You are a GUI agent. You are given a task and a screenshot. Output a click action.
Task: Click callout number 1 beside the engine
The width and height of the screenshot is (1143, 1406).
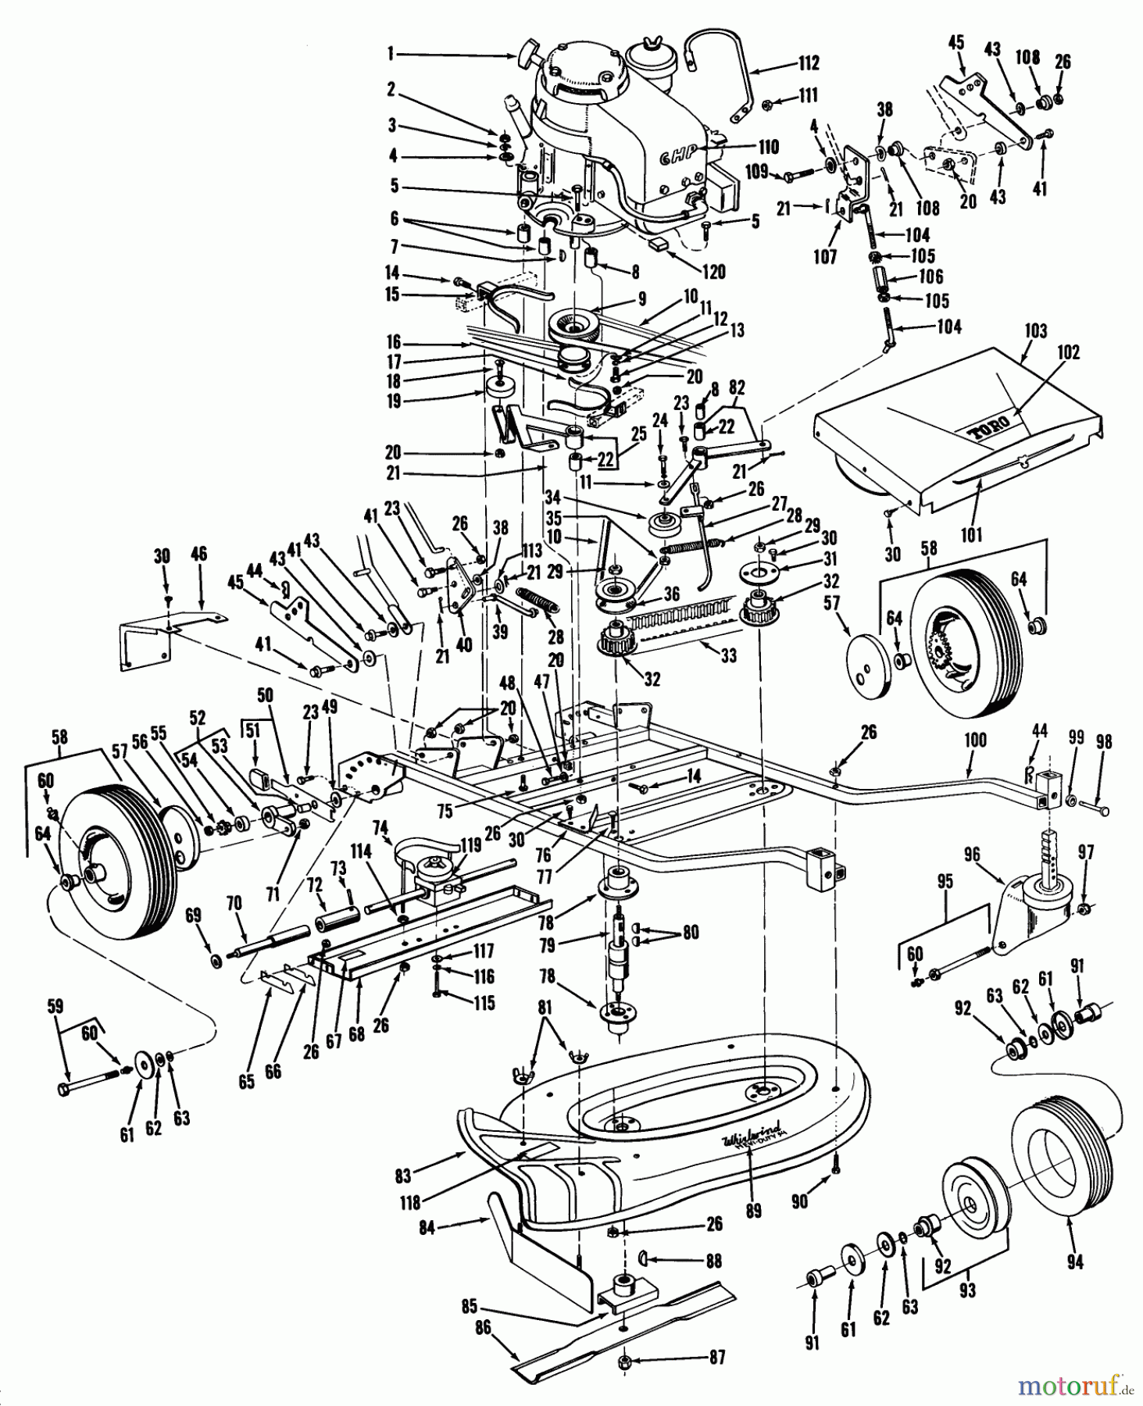pos(391,54)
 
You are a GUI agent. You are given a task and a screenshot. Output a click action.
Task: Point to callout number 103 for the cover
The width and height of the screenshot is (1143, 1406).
pos(1036,331)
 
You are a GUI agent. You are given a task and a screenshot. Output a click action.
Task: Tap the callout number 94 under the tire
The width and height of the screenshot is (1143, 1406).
pos(1075,1261)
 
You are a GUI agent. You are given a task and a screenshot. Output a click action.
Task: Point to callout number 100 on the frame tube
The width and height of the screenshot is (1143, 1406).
pos(975,740)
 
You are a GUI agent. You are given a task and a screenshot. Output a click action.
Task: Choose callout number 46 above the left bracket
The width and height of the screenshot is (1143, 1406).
pos(198,555)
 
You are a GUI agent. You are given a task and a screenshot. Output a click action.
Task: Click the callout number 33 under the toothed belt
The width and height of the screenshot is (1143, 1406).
pos(728,656)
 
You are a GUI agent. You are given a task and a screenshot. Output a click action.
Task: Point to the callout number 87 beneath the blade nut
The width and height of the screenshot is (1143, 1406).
pos(717,1358)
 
